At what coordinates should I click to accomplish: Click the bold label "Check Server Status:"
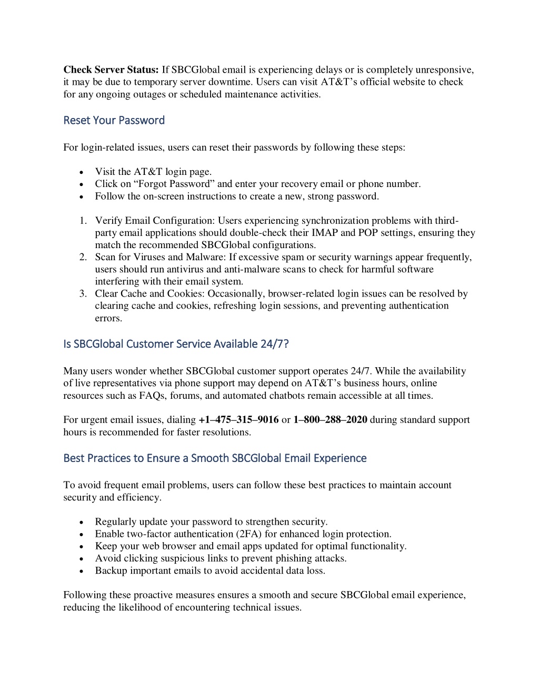point(111,70)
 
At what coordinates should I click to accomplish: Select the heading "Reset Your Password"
point(114,120)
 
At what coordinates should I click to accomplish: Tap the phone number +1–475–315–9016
point(238,420)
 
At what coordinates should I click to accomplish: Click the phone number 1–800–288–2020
point(330,420)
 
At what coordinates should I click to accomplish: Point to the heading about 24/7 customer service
point(176,344)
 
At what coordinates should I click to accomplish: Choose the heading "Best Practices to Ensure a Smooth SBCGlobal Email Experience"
point(215,458)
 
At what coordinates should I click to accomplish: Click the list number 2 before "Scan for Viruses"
point(83,257)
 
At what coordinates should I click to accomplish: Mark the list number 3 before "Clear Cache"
point(83,294)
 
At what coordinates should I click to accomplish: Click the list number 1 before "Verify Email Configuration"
point(83,221)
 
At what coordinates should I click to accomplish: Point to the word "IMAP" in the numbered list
point(325,233)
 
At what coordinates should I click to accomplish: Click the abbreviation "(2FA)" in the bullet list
point(249,534)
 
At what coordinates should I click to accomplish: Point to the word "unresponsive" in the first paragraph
point(445,70)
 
